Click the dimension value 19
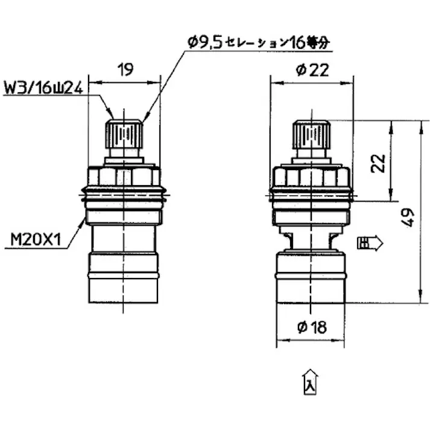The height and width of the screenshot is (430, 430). pos(125,70)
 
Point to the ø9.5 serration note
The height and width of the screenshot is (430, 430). pos(260,42)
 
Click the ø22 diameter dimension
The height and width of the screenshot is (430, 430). pos(312,70)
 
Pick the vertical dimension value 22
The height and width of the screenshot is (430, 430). pos(378,163)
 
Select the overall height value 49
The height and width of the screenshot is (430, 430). pos(408,217)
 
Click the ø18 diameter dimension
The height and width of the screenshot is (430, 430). pos(312,327)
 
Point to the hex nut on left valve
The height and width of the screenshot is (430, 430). pos(124,177)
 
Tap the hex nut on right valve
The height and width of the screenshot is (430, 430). pos(311,177)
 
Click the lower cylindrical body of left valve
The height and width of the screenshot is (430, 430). pos(124,277)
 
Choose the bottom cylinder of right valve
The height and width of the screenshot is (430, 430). pos(311,277)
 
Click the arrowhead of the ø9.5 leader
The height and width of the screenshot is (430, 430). pos(145,118)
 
